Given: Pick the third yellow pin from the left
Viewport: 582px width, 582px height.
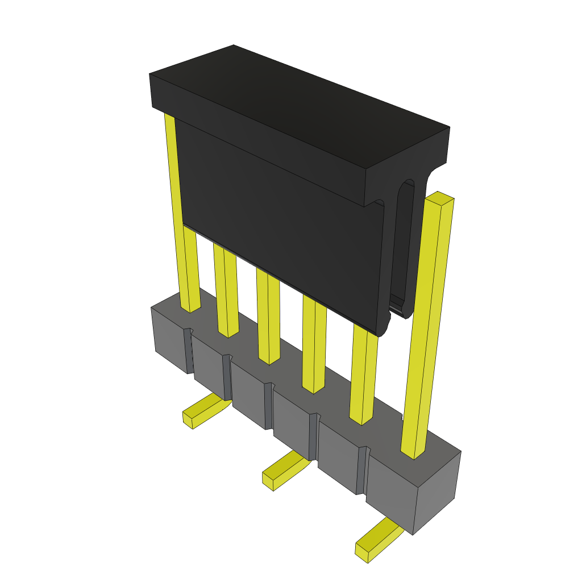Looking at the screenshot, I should coord(268,318).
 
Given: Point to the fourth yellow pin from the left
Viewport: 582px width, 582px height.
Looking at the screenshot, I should coord(314,347).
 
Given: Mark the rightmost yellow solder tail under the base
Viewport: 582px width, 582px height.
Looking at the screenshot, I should coord(378,540).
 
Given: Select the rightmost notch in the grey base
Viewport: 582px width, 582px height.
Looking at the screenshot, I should coord(361,469).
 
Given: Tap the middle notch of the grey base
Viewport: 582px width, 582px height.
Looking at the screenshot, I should coord(268,405).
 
